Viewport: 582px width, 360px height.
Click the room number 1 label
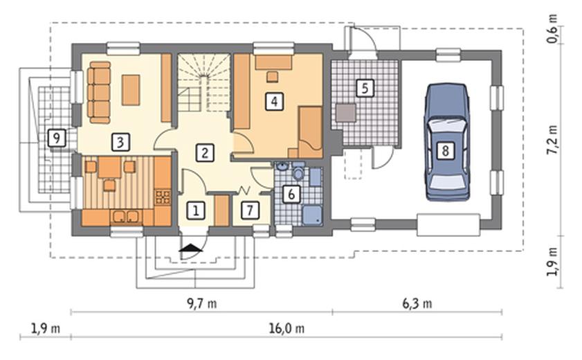pyautogui.click(x=196, y=210)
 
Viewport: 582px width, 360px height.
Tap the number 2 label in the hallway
pyautogui.click(x=205, y=152)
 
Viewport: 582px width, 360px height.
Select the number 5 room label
pyautogui.click(x=365, y=88)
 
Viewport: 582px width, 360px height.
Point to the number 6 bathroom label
pyautogui.click(x=291, y=193)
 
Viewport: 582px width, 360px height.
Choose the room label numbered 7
pyautogui.click(x=250, y=210)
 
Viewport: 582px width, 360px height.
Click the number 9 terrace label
pyautogui.click(x=57, y=138)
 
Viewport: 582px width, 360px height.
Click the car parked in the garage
pyautogui.click(x=447, y=142)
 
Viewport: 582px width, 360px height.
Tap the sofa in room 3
pyautogui.click(x=99, y=92)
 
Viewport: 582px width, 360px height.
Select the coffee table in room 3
pyautogui.click(x=131, y=90)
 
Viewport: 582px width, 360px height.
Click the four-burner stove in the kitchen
pyautogui.click(x=163, y=197)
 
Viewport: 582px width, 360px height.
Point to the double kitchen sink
pyautogui.click(x=126, y=217)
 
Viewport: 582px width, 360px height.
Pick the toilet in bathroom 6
pyautogui.click(x=298, y=172)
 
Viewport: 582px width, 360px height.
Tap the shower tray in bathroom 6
pyautogui.click(x=312, y=215)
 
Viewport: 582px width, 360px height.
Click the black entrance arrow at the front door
pyautogui.click(x=190, y=248)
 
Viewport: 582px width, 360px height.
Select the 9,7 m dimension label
pyautogui.click(x=201, y=304)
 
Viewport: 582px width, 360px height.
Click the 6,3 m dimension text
pyautogui.click(x=417, y=304)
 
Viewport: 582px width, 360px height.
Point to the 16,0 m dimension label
pyautogui.click(x=287, y=328)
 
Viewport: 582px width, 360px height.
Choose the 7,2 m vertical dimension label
pyautogui.click(x=553, y=140)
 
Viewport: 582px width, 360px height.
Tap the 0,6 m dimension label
pyautogui.click(x=553, y=29)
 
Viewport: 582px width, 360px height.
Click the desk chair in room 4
pyautogui.click(x=273, y=77)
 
